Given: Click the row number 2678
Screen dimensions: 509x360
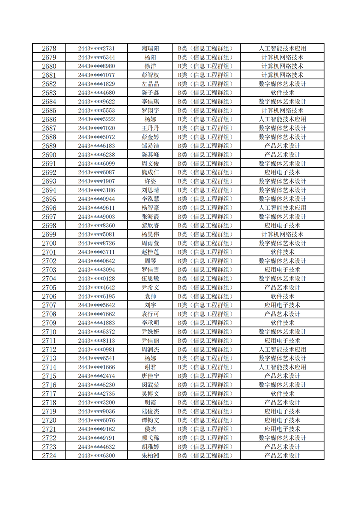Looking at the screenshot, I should click(49, 49).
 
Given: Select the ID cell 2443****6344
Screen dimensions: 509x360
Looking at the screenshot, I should click(96, 57).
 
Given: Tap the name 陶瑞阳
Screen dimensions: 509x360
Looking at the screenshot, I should click(150, 49).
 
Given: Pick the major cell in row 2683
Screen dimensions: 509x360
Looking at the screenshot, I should click(282, 93).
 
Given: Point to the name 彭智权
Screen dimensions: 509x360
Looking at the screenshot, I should click(150, 75).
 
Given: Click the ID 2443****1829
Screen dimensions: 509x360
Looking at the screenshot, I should click(96, 84).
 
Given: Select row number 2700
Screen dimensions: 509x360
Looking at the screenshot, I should click(49, 243).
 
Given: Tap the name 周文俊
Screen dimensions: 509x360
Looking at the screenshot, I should click(150, 164).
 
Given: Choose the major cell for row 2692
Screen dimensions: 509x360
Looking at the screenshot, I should click(282, 172).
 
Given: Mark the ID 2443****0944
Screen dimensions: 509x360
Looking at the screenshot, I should click(96, 199).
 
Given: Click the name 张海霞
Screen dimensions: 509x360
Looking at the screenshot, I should click(150, 217).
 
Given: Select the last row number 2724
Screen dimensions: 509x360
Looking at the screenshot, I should click(49, 456).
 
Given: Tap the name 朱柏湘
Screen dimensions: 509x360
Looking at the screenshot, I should click(150, 456).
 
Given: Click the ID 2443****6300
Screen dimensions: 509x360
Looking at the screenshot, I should click(96, 456).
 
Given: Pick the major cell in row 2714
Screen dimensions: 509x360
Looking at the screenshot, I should click(282, 367).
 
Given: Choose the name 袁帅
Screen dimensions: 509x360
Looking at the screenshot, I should click(150, 296).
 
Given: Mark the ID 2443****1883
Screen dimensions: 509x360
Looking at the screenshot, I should click(96, 323).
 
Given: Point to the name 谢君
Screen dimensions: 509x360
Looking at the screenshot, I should click(150, 367).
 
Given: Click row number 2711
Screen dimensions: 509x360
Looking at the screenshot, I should click(49, 341).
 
